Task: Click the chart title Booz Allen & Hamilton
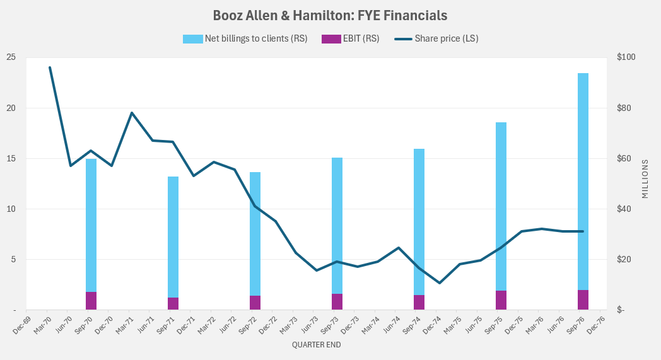[330, 15]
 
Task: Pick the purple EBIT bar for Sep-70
[91, 301]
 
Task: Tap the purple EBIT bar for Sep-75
[501, 300]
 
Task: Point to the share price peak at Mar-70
[50, 67]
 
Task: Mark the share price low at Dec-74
[440, 282]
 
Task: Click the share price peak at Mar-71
[132, 113]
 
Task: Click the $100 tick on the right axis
[626, 57]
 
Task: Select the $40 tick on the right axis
[624, 209]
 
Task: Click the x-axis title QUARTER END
[316, 345]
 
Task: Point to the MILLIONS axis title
[645, 179]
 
